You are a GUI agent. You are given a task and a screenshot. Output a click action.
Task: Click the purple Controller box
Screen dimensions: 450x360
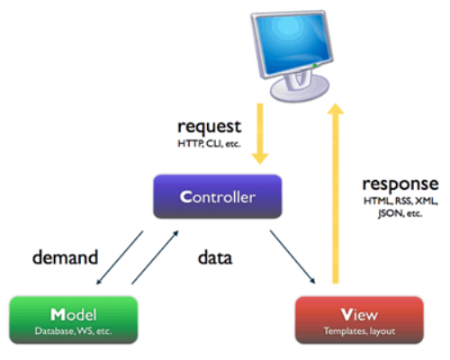(x=218, y=196)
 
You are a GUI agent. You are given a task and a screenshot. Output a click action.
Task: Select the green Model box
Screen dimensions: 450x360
(x=74, y=319)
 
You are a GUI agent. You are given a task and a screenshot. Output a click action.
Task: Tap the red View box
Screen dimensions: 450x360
(x=359, y=319)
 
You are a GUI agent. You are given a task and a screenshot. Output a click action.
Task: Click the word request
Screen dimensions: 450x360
(x=210, y=127)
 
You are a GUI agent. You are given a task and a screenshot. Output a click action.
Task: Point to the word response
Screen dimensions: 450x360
(x=400, y=184)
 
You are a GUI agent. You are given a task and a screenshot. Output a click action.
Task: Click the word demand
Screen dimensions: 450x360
(x=65, y=257)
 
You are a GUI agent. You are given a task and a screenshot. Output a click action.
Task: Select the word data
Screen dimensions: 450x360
(x=215, y=257)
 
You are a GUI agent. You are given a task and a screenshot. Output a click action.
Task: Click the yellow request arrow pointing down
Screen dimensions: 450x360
(x=260, y=134)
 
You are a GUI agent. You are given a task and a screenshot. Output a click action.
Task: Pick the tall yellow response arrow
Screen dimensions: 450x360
(x=336, y=193)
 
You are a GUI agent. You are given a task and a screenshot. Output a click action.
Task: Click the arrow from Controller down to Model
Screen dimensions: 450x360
(x=120, y=257)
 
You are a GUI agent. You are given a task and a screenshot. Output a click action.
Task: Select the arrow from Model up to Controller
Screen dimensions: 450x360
(x=155, y=257)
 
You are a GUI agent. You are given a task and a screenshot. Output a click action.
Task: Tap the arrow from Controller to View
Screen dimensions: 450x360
(x=292, y=256)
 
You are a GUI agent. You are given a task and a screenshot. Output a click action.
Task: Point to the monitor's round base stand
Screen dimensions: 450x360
(x=300, y=88)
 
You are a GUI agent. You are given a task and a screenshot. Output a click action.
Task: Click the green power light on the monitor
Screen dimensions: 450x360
(x=315, y=65)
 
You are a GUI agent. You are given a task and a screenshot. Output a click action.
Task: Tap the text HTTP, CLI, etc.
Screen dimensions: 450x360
(x=209, y=144)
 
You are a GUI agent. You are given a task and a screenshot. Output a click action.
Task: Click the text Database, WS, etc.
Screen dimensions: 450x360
(x=74, y=331)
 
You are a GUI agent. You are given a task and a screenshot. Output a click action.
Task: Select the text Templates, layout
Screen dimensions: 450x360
(x=359, y=331)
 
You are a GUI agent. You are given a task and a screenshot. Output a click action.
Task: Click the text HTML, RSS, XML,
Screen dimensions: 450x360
(x=400, y=201)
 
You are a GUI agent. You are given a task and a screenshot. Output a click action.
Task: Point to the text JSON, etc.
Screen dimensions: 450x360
(x=400, y=213)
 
